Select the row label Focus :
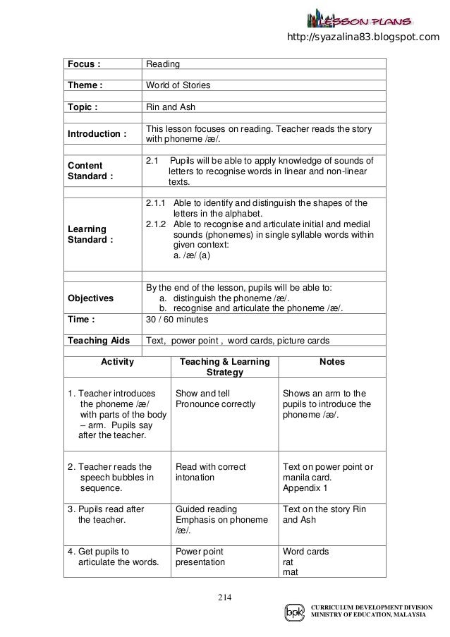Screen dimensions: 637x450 pyautogui.click(x=83, y=64)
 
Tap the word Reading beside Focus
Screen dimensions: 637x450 pyautogui.click(x=162, y=64)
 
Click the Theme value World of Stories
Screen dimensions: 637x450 pyautogui.click(x=178, y=86)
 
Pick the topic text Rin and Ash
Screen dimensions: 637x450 pyautogui.click(x=170, y=108)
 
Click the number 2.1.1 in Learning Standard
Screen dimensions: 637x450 pyautogui.click(x=157, y=203)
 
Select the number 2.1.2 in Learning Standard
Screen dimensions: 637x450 pyautogui.click(x=157, y=225)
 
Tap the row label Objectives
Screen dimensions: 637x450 pyautogui.click(x=90, y=298)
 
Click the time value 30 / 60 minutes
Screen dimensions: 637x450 pyautogui.click(x=181, y=319)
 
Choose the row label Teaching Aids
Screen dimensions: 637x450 pyautogui.click(x=99, y=341)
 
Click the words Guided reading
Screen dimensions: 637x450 pyautogui.click(x=206, y=509)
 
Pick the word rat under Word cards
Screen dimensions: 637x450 pyautogui.click(x=288, y=562)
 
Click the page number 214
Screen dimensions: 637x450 pyautogui.click(x=225, y=599)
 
